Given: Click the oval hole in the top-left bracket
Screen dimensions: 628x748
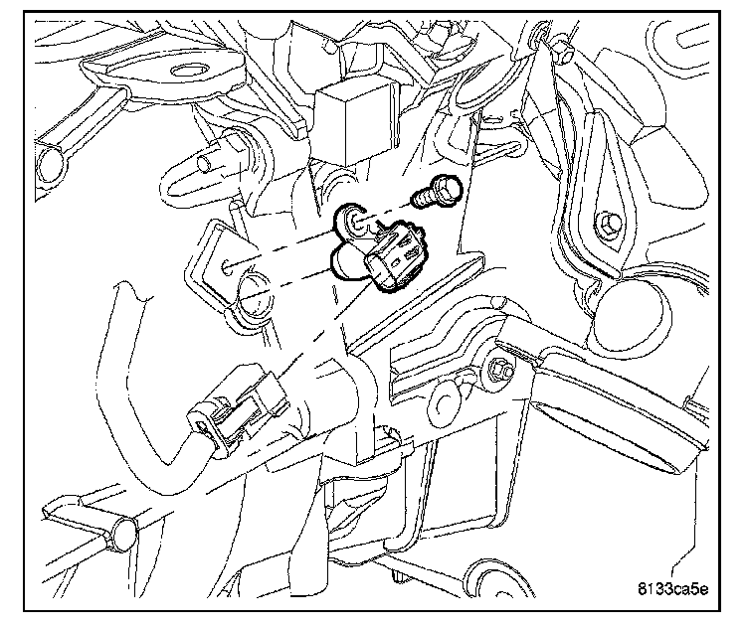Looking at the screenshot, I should pyautogui.click(x=186, y=71).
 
